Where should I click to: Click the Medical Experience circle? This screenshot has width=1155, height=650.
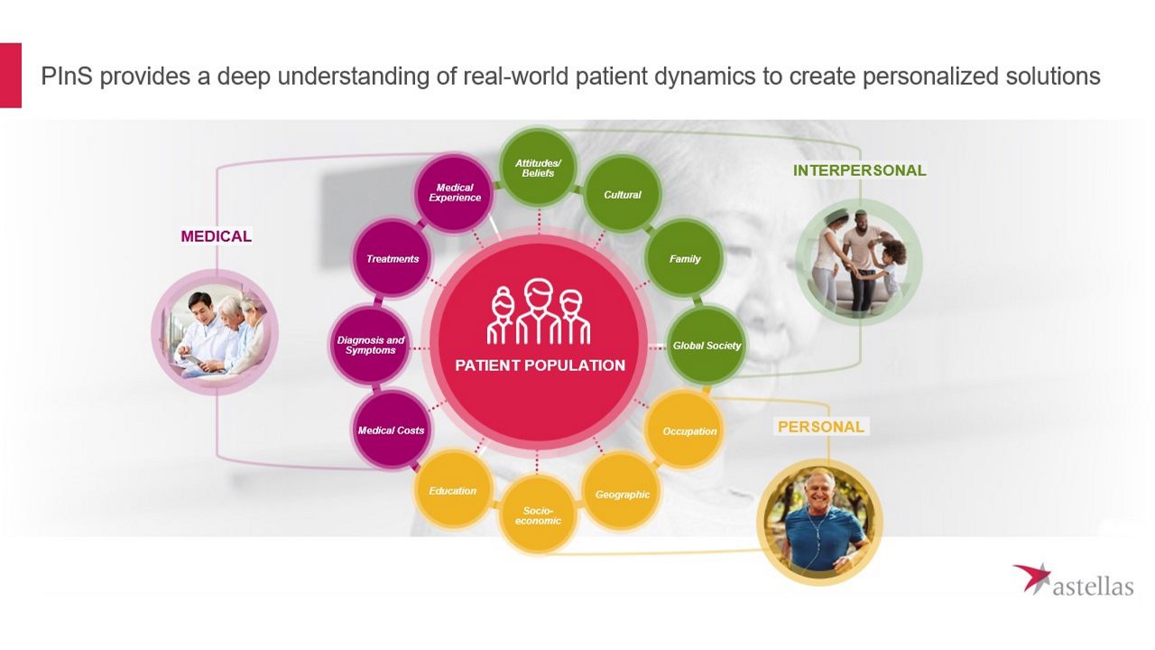pyautogui.click(x=455, y=192)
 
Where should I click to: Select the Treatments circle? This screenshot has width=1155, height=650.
pyautogui.click(x=393, y=259)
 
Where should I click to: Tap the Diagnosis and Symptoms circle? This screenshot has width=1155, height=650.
pyautogui.click(x=371, y=345)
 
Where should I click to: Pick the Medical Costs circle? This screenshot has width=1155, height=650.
pyautogui.click(x=391, y=430)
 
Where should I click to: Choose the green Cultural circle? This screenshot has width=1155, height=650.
pyautogui.click(x=623, y=194)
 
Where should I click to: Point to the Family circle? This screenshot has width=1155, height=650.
pyautogui.click(x=685, y=259)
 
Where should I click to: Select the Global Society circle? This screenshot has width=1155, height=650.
pyautogui.click(x=707, y=345)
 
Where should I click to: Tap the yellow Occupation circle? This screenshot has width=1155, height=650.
pyautogui.click(x=689, y=431)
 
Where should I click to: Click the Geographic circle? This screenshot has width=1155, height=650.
pyautogui.click(x=623, y=494)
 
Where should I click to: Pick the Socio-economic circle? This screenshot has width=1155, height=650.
pyautogui.click(x=538, y=515)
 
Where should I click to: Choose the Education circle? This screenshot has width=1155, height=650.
pyautogui.click(x=452, y=490)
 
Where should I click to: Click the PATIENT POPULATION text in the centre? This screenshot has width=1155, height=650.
pyautogui.click(x=540, y=366)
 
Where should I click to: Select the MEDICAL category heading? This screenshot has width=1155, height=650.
pyautogui.click(x=216, y=237)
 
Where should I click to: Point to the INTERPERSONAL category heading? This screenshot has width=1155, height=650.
pyautogui.click(x=859, y=171)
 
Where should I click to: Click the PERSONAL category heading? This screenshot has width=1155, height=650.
pyautogui.click(x=820, y=427)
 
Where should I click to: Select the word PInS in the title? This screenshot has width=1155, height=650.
pyautogui.click(x=66, y=77)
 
